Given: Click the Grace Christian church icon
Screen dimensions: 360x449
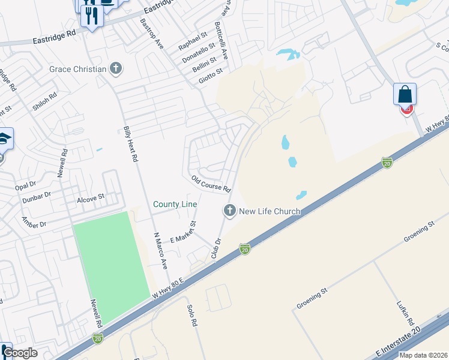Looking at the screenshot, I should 116,69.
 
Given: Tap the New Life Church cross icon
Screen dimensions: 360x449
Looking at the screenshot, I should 229,211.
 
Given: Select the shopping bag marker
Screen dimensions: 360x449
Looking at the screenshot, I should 405,95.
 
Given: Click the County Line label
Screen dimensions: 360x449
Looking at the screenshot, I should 175,205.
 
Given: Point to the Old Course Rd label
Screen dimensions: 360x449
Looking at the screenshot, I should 211,184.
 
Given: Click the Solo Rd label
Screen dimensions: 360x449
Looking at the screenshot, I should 193,315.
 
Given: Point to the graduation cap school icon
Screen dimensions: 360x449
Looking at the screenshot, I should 3,139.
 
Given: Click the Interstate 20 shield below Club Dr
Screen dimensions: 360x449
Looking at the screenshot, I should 244,248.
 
